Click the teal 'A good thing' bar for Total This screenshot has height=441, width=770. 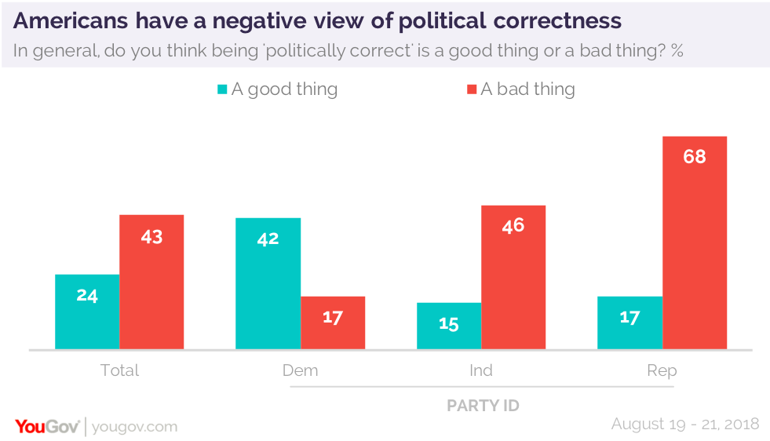87,312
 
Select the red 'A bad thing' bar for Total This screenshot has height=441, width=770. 151,282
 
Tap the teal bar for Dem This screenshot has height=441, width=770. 268,283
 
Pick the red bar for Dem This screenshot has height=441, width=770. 333,323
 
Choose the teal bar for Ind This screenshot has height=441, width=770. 449,326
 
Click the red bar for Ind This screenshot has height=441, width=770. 513,277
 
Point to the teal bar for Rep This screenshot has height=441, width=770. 630,323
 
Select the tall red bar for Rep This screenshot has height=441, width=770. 695,242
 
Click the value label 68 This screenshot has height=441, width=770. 695,156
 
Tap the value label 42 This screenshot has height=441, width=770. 268,239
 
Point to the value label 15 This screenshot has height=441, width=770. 449,323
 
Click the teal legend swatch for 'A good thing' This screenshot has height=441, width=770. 222,89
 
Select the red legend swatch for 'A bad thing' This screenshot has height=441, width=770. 472,89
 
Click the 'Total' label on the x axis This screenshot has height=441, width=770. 119,370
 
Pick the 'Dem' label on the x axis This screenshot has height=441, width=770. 301,370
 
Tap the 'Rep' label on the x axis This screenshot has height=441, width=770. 662,370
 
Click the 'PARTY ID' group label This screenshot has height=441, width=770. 483,406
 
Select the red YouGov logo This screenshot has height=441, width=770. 46,426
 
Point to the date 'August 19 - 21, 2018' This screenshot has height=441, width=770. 685,424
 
